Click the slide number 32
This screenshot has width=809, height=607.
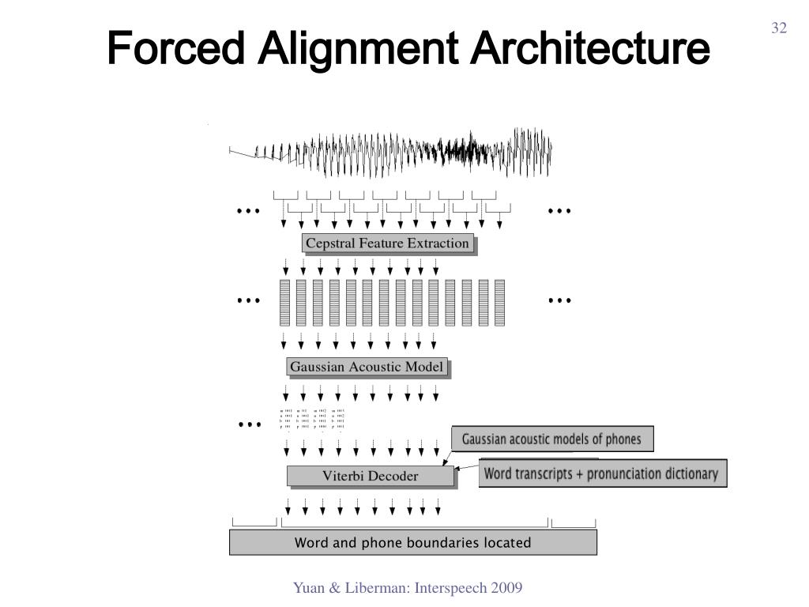(x=779, y=28)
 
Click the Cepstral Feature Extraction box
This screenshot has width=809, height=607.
(x=387, y=243)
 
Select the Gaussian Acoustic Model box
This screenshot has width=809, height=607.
(x=367, y=367)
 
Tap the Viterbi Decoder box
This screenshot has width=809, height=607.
(x=370, y=476)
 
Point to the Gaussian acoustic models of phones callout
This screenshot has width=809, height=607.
(x=551, y=439)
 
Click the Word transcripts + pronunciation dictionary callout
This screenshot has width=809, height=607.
(x=602, y=474)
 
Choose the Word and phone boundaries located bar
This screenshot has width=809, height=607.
(x=412, y=543)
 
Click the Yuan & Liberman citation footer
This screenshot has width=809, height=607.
(x=408, y=588)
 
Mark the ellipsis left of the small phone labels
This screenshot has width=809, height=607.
(x=248, y=424)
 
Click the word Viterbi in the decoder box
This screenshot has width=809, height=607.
(x=341, y=476)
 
